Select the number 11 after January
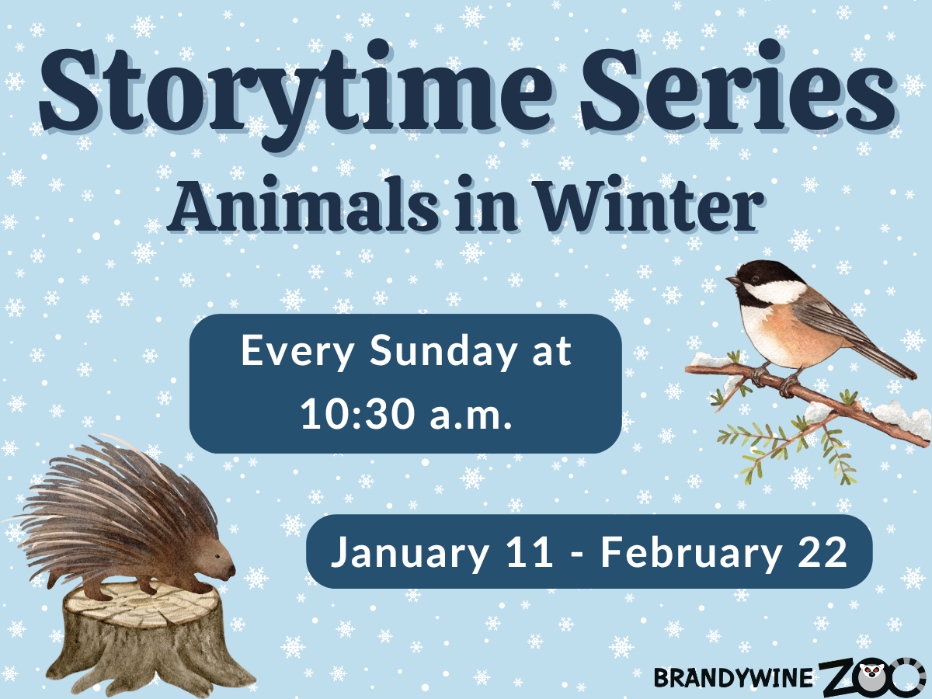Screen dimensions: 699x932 (x=528, y=552)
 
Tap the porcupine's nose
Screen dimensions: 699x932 (x=232, y=573)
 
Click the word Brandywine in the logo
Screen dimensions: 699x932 (x=733, y=678)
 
